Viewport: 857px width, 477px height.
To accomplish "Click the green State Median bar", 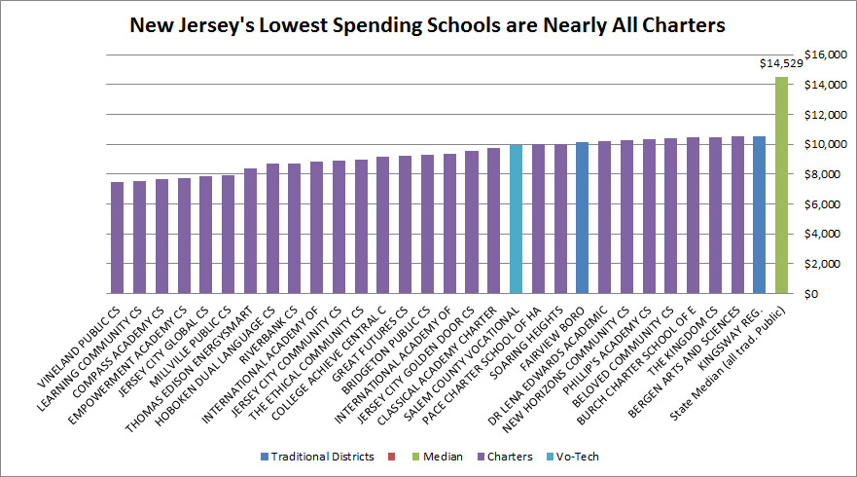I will click(x=781, y=185).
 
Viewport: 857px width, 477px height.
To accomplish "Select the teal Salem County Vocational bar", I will click(x=516, y=219).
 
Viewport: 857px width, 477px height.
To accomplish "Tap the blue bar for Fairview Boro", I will click(x=582, y=218).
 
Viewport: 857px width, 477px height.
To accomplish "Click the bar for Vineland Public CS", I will click(x=117, y=238).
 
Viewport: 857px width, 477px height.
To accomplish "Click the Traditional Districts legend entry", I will click(x=316, y=457).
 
